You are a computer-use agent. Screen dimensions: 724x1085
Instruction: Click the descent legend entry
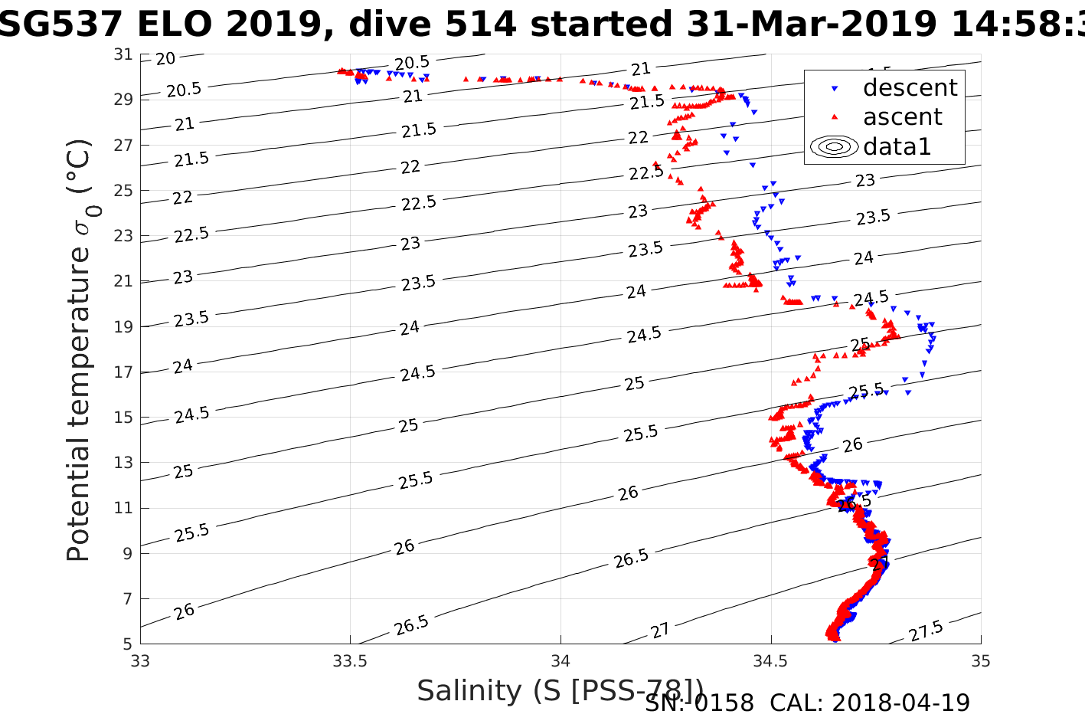point(910,88)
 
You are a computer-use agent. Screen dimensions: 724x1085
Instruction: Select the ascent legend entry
point(902,117)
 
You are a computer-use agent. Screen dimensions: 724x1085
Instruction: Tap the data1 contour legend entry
point(896,146)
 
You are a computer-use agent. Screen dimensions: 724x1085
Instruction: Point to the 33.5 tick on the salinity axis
point(350,660)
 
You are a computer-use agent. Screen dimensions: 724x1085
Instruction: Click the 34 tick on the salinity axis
point(560,660)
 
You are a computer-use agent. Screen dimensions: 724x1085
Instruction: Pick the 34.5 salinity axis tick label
point(770,660)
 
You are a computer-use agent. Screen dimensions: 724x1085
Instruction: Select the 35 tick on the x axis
point(980,660)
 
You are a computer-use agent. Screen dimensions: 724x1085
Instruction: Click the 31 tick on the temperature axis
point(123,54)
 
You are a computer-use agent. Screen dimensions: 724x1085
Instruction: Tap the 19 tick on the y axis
point(123,326)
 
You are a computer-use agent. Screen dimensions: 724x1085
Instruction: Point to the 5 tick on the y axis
point(127,644)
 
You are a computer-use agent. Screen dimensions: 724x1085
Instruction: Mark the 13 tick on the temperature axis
point(123,463)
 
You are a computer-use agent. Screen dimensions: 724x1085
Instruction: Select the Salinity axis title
point(560,691)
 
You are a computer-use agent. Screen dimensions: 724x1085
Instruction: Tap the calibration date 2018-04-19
point(900,703)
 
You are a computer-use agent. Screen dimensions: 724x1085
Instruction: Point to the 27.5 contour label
point(926,632)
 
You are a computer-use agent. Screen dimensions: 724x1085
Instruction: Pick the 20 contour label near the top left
point(165,58)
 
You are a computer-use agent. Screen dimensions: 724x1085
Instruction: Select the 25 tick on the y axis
point(123,190)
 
